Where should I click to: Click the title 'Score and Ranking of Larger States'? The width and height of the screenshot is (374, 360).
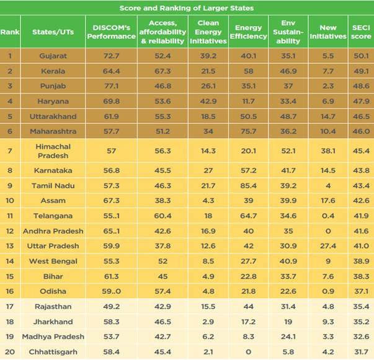(187, 8)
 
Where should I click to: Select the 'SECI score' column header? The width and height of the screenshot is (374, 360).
(361, 32)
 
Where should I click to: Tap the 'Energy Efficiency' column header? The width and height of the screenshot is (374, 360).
(248, 32)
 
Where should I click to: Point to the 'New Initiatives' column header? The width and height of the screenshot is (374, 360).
(328, 32)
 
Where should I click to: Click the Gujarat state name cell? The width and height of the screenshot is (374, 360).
(53, 56)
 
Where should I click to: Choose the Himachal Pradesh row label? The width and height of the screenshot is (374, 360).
(53, 151)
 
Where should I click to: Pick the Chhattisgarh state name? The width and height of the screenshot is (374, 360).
(53, 352)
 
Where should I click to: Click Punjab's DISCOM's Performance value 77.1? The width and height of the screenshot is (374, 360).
(112, 86)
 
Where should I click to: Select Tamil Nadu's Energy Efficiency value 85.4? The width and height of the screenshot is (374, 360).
(248, 186)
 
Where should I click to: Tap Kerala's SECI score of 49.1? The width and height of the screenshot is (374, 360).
(361, 71)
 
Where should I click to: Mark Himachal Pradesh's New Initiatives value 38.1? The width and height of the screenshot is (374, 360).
(328, 151)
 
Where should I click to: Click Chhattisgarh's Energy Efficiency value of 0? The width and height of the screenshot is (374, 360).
(248, 352)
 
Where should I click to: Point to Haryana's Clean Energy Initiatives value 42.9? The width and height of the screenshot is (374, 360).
(208, 101)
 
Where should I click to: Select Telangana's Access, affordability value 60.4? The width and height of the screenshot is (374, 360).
(163, 216)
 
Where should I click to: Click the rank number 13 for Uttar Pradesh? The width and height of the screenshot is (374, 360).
(10, 246)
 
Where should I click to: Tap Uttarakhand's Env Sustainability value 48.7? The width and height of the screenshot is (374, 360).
(288, 116)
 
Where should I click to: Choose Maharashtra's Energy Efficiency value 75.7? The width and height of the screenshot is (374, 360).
(248, 131)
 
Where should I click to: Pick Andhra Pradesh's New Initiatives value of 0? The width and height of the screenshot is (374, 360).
(328, 231)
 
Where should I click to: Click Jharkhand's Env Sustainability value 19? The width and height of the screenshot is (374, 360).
(288, 322)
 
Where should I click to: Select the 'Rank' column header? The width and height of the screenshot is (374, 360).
(10, 32)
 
